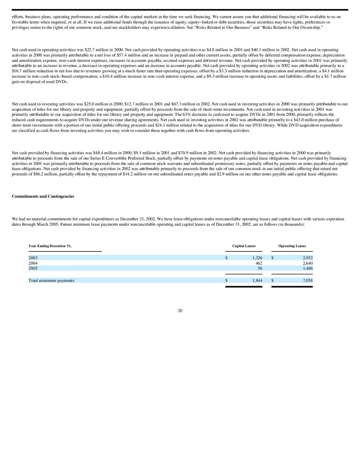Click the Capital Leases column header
pos(244,246)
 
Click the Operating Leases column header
pos(292,246)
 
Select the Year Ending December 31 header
pos(50,246)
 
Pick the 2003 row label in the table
pos(33,258)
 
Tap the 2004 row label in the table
pos(33,263)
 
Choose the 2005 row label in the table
pos(33,268)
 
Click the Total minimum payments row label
pos(51,280)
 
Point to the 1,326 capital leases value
pos(257,258)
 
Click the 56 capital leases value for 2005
pos(260,268)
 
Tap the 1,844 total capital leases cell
pos(257,280)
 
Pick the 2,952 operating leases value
pos(308,258)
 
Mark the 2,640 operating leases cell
pos(308,263)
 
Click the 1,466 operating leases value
pos(308,268)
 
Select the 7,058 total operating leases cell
pos(308,280)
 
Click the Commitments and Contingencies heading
pos(43,196)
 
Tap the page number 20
pos(180,311)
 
